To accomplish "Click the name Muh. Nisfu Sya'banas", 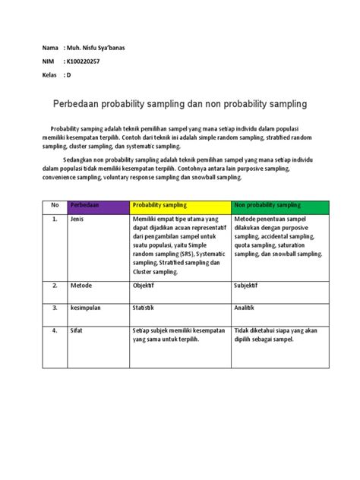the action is pos(97,47).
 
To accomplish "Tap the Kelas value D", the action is pos(68,75).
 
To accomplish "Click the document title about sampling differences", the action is pos(178,101).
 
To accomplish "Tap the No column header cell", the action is pos(55,205).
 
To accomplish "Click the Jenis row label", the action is pos(78,219).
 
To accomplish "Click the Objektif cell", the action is pos(147,287).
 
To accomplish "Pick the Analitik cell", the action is pos(247,308).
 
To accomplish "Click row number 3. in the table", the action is pos(55,308).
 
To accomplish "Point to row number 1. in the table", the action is pos(55,219).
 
